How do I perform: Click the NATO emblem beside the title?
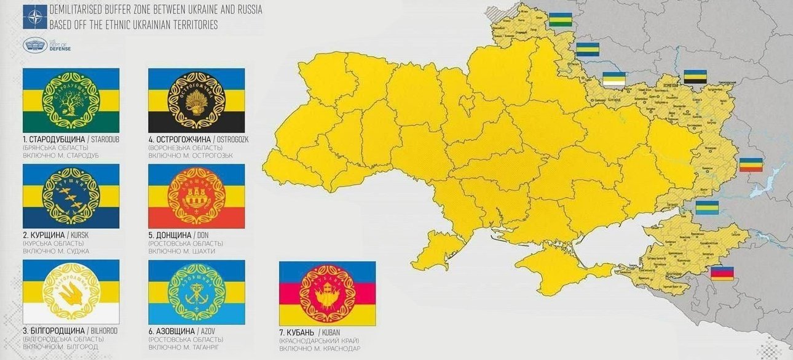(35, 17)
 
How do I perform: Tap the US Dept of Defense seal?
(34, 45)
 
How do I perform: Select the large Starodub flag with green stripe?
(71, 100)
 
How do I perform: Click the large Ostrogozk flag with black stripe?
(197, 100)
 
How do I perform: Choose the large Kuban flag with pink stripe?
(327, 294)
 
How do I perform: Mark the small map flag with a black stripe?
(695, 77)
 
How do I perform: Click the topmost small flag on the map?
(560, 20)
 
